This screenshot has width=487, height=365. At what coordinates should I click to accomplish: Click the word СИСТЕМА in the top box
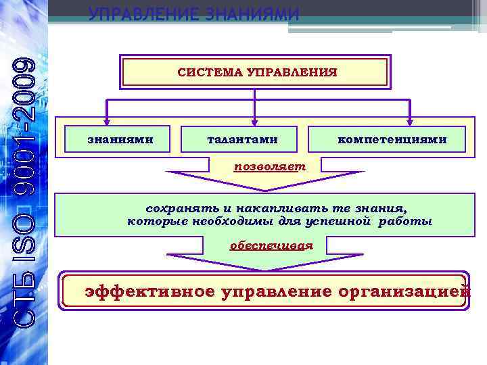click(x=210, y=71)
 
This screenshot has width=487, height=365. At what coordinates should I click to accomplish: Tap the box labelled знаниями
click(x=120, y=139)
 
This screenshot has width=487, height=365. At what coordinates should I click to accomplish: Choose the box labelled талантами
click(x=242, y=139)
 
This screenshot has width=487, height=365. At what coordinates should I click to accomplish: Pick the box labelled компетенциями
click(x=392, y=139)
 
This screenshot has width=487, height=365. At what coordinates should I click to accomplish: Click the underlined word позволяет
click(x=269, y=166)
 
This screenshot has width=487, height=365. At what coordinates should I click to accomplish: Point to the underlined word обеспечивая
click(x=271, y=245)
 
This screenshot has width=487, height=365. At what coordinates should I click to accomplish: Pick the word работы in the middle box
click(x=409, y=221)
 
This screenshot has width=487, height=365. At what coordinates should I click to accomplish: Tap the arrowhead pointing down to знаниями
click(x=106, y=120)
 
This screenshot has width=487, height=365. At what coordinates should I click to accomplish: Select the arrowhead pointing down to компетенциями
click(x=409, y=120)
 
